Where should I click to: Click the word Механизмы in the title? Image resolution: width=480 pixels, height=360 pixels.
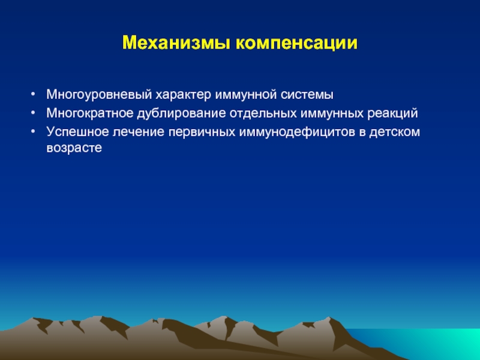click(176, 43)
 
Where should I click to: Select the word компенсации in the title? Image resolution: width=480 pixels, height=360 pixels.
click(296, 43)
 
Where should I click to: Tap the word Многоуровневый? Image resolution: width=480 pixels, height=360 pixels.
click(99, 95)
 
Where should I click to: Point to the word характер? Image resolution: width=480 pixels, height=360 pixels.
click(184, 95)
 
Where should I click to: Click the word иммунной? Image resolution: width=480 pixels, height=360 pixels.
click(246, 95)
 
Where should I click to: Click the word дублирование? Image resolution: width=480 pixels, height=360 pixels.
click(181, 113)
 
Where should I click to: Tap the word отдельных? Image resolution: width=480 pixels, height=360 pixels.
click(263, 113)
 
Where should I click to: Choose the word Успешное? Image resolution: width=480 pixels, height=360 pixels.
click(78, 132)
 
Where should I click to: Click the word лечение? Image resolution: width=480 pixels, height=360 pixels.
click(139, 132)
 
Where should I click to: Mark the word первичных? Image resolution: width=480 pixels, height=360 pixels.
click(202, 132)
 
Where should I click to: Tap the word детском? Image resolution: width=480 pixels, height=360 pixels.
click(395, 132)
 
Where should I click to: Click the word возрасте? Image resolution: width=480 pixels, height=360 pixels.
click(74, 148)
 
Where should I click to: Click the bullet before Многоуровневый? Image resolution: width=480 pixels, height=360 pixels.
click(34, 94)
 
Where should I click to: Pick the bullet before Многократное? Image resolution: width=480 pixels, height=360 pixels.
click(34, 113)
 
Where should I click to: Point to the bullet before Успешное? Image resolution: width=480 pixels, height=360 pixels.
click(34, 131)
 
